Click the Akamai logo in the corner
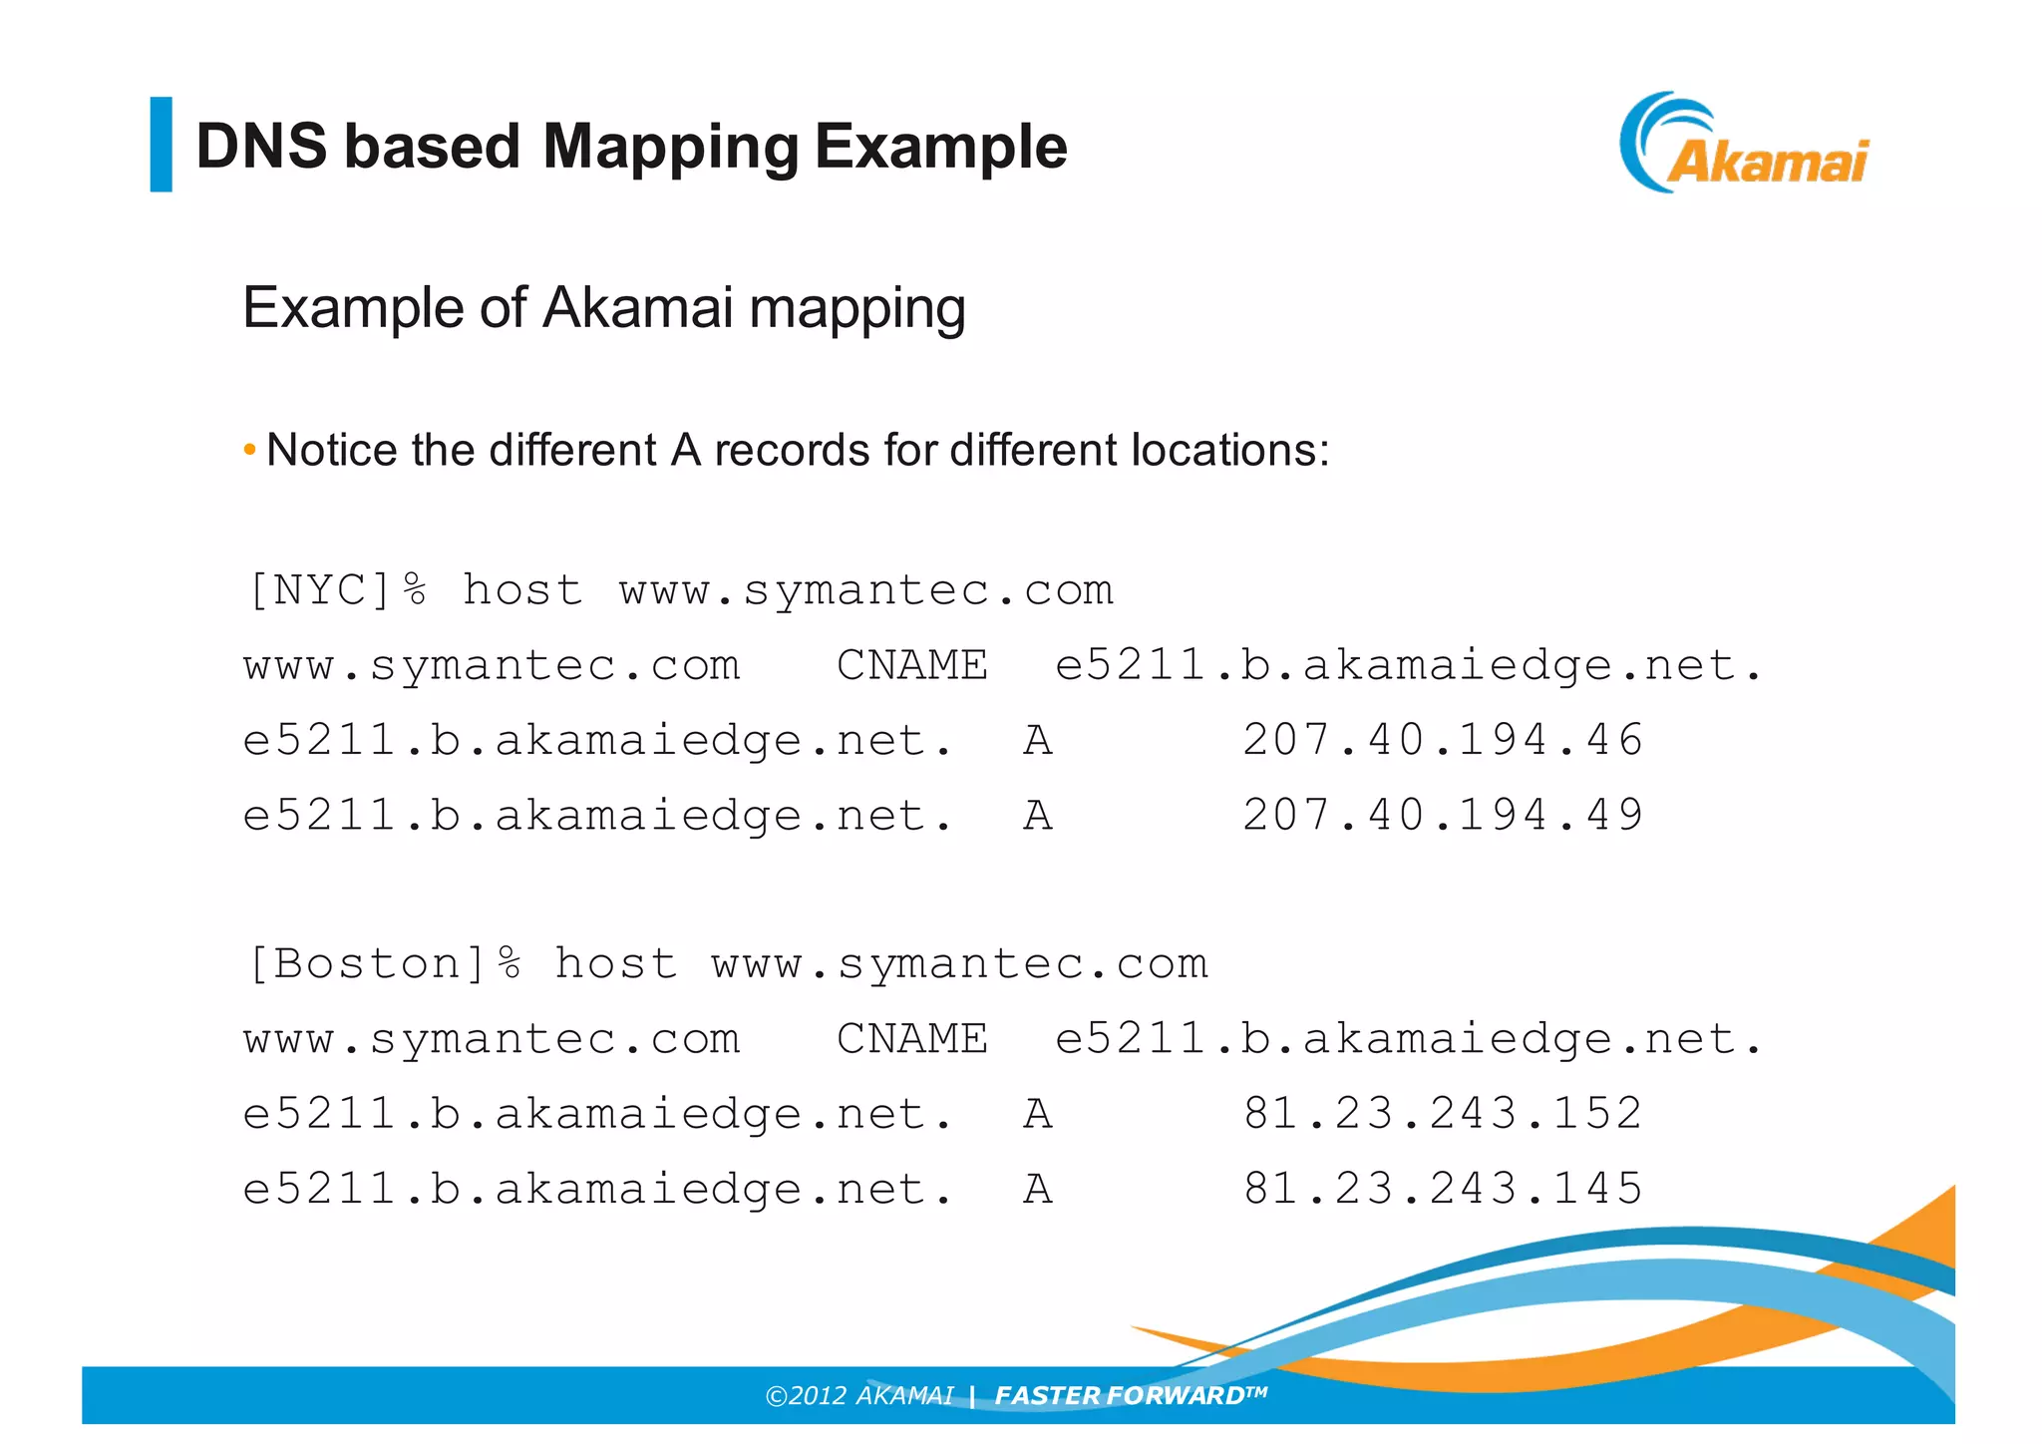1745,144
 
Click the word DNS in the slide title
261,147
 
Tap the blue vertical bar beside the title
161,144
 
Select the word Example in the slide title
940,147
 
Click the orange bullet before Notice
249,450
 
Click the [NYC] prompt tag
320,590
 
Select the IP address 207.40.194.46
1443,740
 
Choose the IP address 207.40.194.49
1443,815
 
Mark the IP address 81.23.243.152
1443,1113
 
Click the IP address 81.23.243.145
1443,1189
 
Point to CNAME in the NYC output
911,665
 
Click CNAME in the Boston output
911,1039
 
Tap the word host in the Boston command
615,964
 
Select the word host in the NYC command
522,590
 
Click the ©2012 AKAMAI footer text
858,1395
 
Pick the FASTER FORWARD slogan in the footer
1130,1395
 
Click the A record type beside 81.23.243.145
1038,1189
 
